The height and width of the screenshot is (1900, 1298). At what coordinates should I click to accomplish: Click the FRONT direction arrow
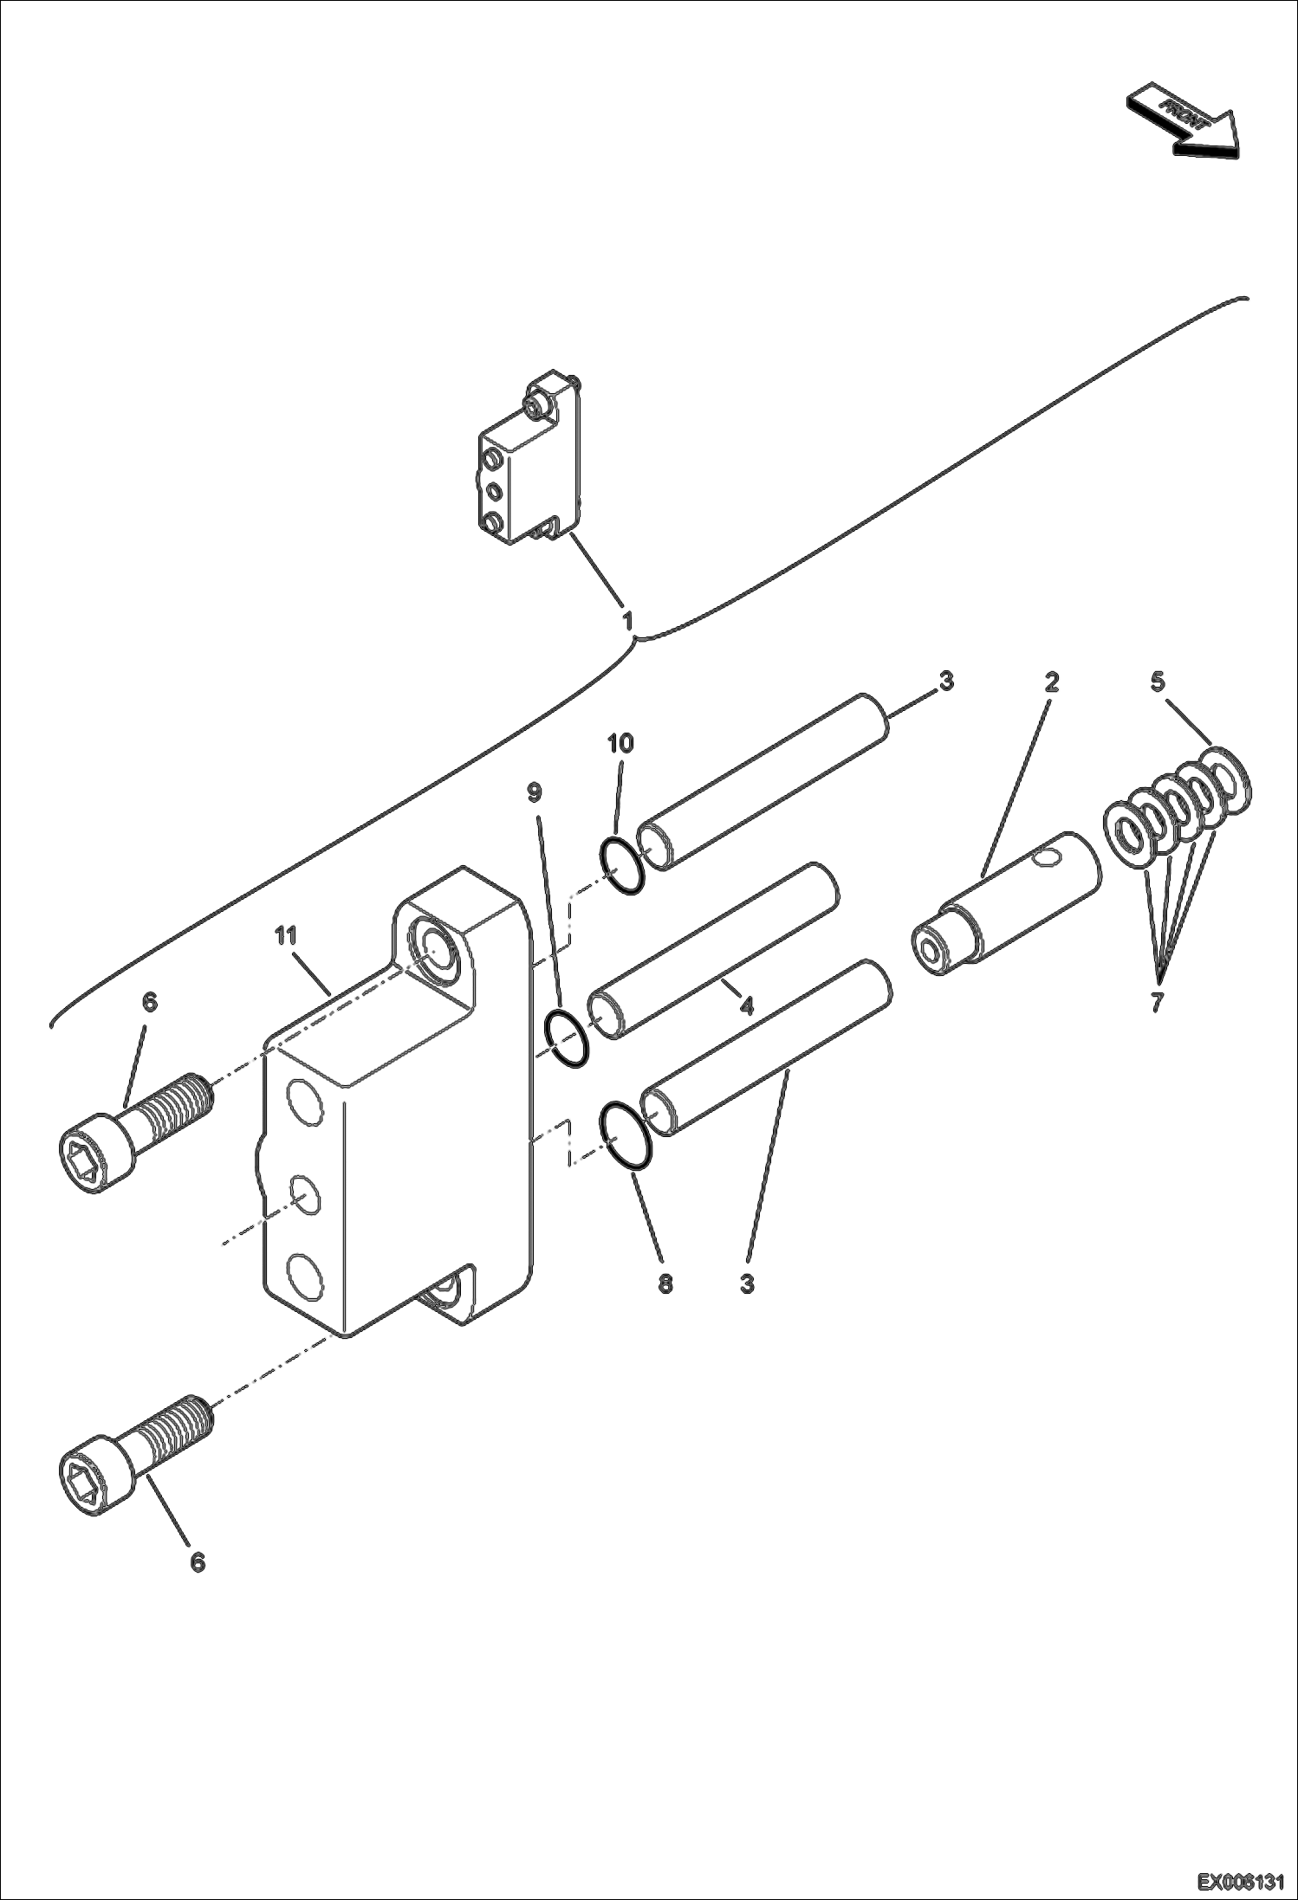click(x=1183, y=121)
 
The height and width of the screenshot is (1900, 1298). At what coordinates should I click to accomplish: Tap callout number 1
click(x=628, y=620)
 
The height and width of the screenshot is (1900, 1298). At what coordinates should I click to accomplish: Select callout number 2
click(x=1051, y=682)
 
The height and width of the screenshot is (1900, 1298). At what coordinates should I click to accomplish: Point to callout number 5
click(x=1158, y=682)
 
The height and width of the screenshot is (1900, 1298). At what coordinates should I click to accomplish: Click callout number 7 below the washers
click(x=1158, y=1003)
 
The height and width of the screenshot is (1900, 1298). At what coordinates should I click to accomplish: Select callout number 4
click(x=746, y=1005)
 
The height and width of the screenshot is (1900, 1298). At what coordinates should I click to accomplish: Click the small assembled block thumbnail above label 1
click(x=529, y=459)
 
